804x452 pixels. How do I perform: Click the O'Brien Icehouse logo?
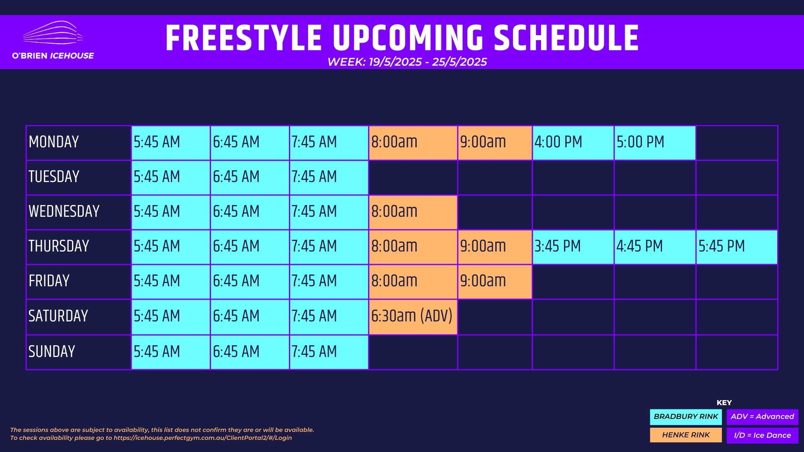(53, 40)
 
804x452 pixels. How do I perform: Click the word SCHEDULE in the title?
(566, 38)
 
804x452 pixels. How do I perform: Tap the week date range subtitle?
(407, 62)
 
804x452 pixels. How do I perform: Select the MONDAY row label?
(54, 142)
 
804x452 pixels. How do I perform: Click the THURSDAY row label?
(59, 246)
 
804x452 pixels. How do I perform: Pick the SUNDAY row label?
(52, 352)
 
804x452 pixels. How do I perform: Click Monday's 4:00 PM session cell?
(573, 143)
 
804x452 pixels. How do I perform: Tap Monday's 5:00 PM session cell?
(655, 143)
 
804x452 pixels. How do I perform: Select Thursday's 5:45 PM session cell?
(737, 247)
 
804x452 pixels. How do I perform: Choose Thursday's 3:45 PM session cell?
(573, 247)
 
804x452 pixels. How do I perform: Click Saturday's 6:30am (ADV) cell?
(413, 317)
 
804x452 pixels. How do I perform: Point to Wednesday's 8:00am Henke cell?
(413, 212)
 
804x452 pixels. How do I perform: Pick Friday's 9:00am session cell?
(495, 282)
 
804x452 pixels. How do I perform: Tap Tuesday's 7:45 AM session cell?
(329, 177)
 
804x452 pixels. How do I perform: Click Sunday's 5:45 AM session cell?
(170, 352)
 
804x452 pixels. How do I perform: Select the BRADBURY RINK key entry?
(686, 417)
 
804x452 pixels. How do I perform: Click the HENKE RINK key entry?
(686, 435)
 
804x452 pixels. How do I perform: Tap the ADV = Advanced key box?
(763, 417)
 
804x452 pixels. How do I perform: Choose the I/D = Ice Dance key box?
(763, 435)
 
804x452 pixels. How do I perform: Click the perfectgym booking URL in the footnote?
(203, 438)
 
